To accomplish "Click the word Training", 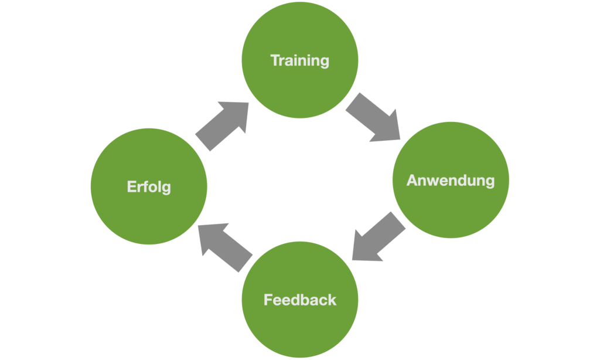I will pyautogui.click(x=299, y=60).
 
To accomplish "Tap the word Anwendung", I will pyautogui.click(x=450, y=180).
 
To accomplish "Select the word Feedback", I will pyautogui.click(x=300, y=300).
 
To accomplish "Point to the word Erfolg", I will pyautogui.click(x=149, y=187).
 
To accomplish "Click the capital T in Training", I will pyautogui.click(x=274, y=60).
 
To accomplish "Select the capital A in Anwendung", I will pyautogui.click(x=412, y=180).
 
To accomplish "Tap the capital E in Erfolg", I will pyautogui.click(x=131, y=187).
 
